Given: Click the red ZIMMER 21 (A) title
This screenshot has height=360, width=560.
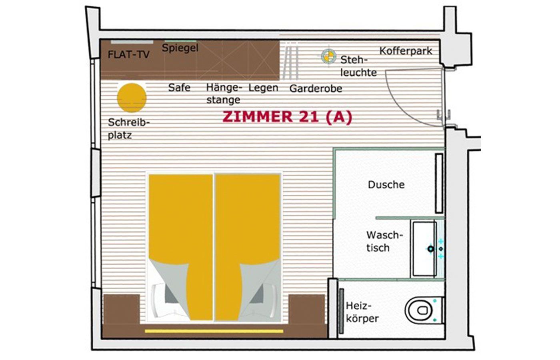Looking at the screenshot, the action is (x=287, y=117).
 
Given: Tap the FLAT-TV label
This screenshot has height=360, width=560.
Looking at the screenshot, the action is (x=128, y=54).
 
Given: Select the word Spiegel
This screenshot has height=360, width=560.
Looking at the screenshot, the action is (x=180, y=48).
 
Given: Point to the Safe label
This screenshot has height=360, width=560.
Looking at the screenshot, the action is (x=179, y=88).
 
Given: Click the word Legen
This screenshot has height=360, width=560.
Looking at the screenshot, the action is (x=263, y=88).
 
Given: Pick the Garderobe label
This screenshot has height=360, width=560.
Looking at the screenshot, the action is (x=316, y=88).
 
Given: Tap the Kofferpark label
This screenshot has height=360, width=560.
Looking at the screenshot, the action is (x=406, y=51).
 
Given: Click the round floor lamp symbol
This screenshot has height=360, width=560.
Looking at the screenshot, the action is (x=328, y=56).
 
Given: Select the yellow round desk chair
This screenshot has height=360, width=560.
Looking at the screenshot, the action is (x=132, y=98).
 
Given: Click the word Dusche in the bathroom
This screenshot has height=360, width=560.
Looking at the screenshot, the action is (x=386, y=185).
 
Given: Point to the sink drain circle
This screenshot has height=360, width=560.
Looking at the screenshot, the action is (x=430, y=249).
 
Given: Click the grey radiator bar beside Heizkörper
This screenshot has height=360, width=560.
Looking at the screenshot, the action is (x=341, y=311).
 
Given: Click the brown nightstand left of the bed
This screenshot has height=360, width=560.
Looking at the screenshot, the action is (x=122, y=309).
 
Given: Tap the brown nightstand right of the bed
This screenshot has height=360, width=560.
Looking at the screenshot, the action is (x=307, y=309).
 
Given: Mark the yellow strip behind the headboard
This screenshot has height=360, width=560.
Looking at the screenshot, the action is (x=214, y=331).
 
